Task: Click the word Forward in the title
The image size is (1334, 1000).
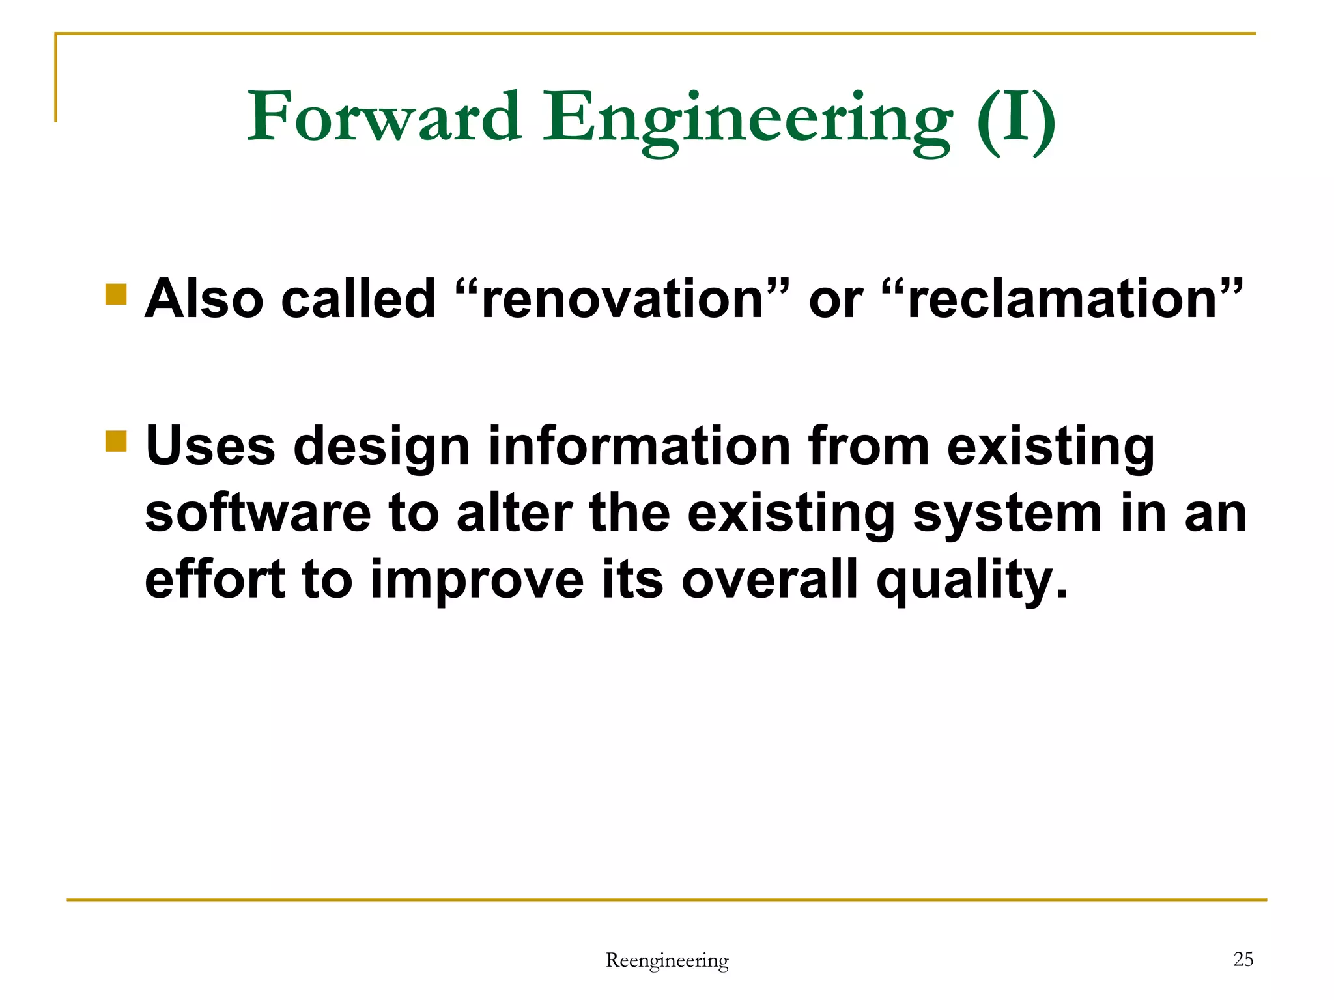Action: tap(384, 117)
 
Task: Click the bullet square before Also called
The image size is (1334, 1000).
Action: tap(116, 294)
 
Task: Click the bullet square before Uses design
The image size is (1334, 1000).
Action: tap(116, 441)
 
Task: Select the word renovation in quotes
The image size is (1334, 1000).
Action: tap(622, 299)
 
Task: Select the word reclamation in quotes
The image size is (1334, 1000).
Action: tap(1062, 299)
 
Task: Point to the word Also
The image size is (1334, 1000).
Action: tap(204, 299)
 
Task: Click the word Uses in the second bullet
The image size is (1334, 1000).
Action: tap(210, 446)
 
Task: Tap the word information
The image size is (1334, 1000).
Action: tap(640, 446)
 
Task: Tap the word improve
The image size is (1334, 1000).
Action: tap(477, 581)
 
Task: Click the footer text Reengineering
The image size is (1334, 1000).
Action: tap(667, 960)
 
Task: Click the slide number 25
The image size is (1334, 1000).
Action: tap(1243, 959)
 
